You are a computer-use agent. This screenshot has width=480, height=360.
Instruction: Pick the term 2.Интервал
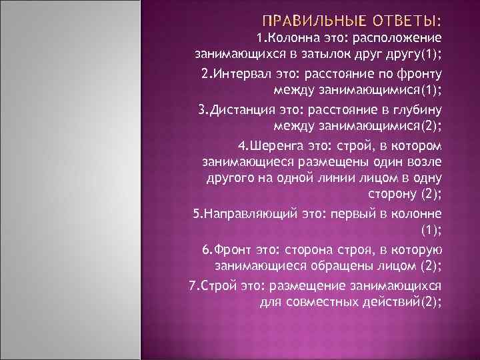point(230,73)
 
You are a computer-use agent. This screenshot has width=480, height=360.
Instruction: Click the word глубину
point(414,109)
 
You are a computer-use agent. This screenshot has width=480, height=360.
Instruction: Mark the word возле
point(423,162)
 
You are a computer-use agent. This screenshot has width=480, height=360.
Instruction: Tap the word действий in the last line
point(393,301)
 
